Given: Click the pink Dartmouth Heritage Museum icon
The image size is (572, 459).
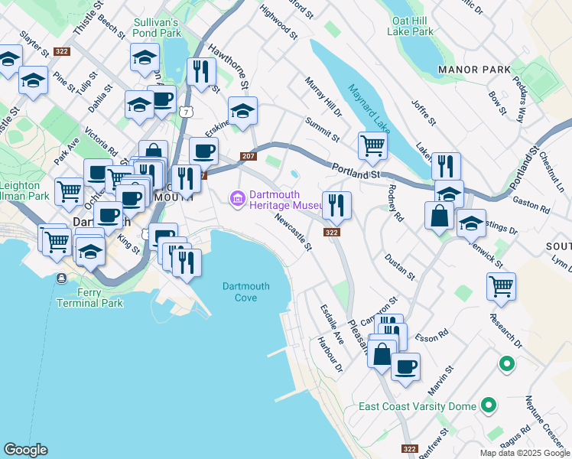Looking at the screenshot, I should pos(237,200).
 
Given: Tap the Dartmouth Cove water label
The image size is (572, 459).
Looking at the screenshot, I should pos(245,291).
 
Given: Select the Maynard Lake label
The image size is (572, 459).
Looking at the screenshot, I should pos(369,106).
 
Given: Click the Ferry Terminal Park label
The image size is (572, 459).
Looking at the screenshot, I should pos(89,298).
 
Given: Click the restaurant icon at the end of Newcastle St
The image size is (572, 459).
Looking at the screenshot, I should pos(336,204).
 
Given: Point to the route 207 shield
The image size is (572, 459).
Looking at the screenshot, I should pos(247,155).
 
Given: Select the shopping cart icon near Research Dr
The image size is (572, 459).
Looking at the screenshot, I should pos(501,285).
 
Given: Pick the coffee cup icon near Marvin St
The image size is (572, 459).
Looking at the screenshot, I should pos(405,365).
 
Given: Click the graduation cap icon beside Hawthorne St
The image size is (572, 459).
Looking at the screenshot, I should pos(242,111).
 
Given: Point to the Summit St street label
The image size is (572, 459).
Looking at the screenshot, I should pos(322,129).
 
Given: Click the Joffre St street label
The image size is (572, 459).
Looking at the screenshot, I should pos(423,111).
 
